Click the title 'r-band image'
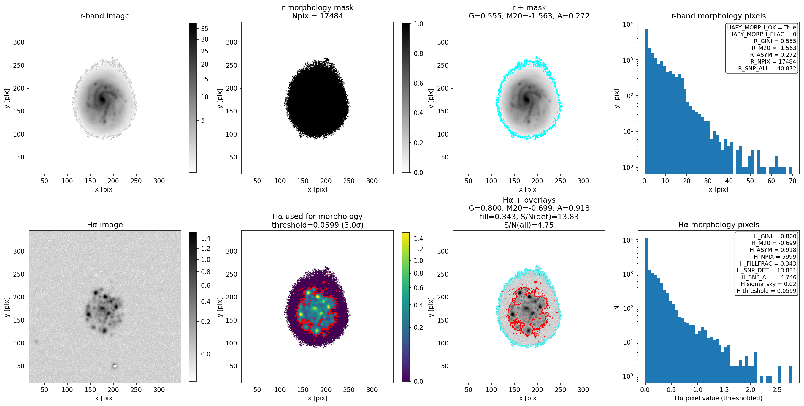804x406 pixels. tap(104, 16)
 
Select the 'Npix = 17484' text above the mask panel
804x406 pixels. tap(318, 16)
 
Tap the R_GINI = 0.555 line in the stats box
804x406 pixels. tap(775, 41)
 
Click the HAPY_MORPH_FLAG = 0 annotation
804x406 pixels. tap(762, 34)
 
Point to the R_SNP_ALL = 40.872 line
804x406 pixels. tap(767, 68)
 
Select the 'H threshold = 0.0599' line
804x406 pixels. tap(766, 291)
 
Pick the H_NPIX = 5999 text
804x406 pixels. tap(775, 257)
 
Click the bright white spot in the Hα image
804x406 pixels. tap(115, 366)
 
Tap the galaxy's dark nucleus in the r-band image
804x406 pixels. tap(102, 99)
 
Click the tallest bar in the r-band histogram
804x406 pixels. tap(646, 101)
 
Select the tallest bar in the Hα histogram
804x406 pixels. tap(646, 309)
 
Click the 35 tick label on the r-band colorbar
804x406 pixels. tap(204, 29)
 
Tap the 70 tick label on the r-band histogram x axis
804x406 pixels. tap(792, 181)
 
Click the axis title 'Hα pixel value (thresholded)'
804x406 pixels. tap(719, 398)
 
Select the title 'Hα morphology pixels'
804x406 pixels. tap(719, 225)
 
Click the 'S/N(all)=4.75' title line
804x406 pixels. tap(529, 225)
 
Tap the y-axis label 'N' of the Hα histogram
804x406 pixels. tap(616, 308)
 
